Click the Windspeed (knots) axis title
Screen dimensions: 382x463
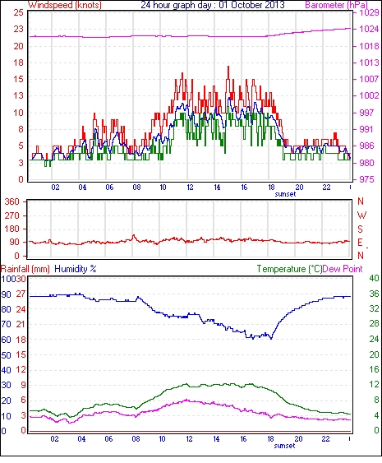pyautogui.click(x=65, y=5)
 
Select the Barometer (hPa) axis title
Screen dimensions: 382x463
pyautogui.click(x=337, y=5)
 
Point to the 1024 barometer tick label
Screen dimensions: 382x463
pyautogui.click(x=369, y=29)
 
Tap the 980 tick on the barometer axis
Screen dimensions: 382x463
pyautogui.click(x=367, y=163)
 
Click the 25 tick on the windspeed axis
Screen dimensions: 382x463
pyautogui.click(x=18, y=12)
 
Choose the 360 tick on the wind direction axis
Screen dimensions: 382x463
pyautogui.click(x=12, y=202)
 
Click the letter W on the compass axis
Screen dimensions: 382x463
pyautogui.click(x=361, y=215)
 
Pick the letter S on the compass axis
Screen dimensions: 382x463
pyautogui.click(x=361, y=229)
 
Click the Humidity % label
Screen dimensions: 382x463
pyautogui.click(x=76, y=269)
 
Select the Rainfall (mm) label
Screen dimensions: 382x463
pyautogui.click(x=25, y=269)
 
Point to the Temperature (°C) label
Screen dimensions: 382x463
pyautogui.click(x=289, y=269)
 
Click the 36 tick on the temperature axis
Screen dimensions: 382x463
pyautogui.click(x=374, y=294)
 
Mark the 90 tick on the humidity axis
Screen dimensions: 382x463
pyautogui.click(x=7, y=294)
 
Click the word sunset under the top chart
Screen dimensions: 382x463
pyautogui.click(x=285, y=194)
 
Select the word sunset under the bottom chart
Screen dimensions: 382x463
pyautogui.click(x=284, y=446)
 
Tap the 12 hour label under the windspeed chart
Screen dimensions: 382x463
pyautogui.click(x=190, y=188)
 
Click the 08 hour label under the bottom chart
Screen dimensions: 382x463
pyautogui.click(x=136, y=439)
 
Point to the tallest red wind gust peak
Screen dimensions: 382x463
pyautogui.click(x=228, y=67)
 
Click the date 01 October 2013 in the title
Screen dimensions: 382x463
pyautogui.click(x=251, y=5)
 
